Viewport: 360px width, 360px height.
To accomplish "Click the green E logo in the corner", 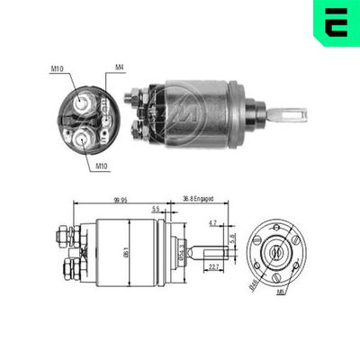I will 336,22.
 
